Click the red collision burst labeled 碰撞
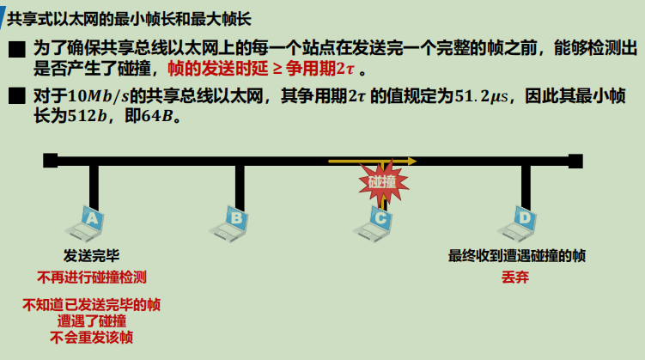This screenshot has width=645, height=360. (382, 182)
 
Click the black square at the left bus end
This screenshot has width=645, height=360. (51, 160)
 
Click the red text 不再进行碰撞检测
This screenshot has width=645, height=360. (92, 277)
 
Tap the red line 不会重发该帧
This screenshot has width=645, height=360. (92, 337)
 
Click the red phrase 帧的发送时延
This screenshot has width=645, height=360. (206, 69)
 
